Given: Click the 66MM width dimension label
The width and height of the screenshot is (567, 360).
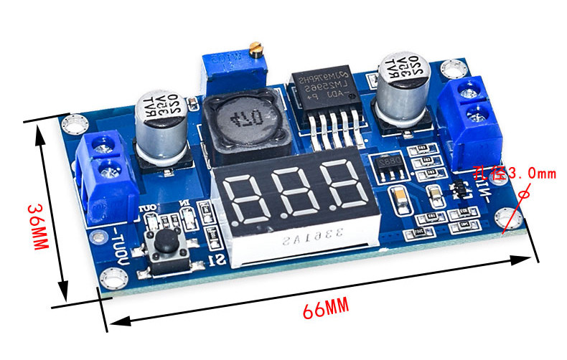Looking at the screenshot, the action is click(325, 310).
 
